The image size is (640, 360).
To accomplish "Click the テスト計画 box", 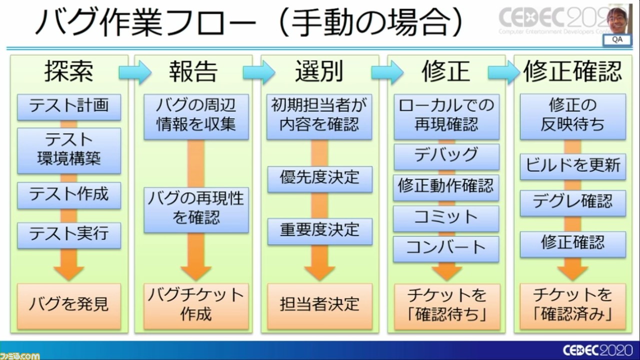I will (x=69, y=106).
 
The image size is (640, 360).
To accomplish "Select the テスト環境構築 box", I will (x=69, y=149).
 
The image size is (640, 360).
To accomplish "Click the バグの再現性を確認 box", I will (x=196, y=208).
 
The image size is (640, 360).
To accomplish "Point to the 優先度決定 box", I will (x=319, y=178).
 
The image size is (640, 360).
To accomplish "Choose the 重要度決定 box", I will (x=319, y=230).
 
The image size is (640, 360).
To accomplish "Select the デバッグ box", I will (x=446, y=156).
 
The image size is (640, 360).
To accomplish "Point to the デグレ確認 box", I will (x=572, y=202).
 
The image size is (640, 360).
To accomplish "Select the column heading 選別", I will (x=319, y=72).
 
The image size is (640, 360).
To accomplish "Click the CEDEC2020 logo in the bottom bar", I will (x=598, y=349).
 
